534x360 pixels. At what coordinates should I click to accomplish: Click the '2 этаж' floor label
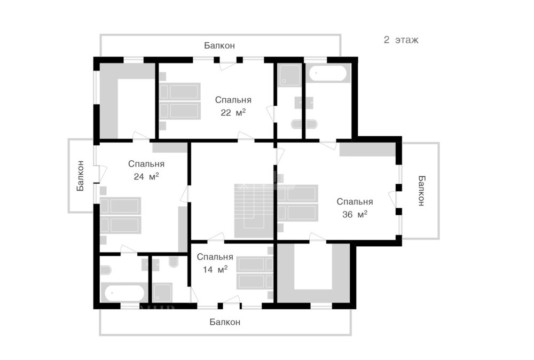[400, 40]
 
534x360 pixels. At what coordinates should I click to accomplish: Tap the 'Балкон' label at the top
[219, 46]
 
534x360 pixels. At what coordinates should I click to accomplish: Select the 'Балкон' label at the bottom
[225, 322]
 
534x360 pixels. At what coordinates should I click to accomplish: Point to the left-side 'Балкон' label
[80, 176]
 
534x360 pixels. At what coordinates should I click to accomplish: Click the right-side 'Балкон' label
[421, 190]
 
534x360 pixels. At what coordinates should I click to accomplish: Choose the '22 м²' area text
[233, 112]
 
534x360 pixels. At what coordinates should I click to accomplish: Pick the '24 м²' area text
[146, 176]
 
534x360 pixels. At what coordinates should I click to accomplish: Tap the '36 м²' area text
[355, 214]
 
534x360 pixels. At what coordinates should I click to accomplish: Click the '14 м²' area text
[215, 269]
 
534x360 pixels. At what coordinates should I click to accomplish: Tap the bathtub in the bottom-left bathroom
[124, 293]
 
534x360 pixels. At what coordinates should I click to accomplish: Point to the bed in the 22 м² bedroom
[179, 101]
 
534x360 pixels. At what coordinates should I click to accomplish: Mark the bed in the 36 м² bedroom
[297, 204]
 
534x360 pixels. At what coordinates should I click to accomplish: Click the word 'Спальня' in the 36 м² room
[355, 202]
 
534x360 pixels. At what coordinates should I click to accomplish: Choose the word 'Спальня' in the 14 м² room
[215, 256]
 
